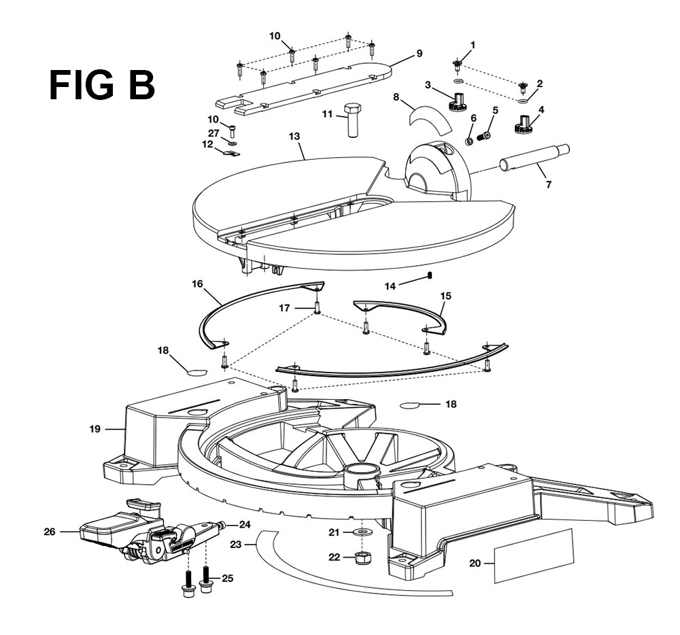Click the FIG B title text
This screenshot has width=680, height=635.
[x=102, y=86]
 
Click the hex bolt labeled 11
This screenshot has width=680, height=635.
[x=352, y=120]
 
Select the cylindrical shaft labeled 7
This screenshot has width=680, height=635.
[x=534, y=159]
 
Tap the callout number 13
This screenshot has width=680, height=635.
[x=294, y=136]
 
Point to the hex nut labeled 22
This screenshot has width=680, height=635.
[x=362, y=558]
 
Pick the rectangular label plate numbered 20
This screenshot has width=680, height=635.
[x=534, y=555]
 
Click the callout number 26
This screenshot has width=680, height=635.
[x=50, y=532]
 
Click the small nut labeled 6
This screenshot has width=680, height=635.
[x=469, y=141]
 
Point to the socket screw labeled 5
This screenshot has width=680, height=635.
[x=483, y=137]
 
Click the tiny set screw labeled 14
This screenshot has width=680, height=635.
[x=430, y=275]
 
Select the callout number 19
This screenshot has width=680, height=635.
[x=95, y=429]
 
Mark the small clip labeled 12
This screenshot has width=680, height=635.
[x=232, y=152]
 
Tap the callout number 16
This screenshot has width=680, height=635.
[x=197, y=284]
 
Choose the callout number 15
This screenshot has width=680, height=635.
[x=445, y=296]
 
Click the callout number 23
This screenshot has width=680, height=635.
[x=235, y=544]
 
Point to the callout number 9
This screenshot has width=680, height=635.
[x=419, y=53]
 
